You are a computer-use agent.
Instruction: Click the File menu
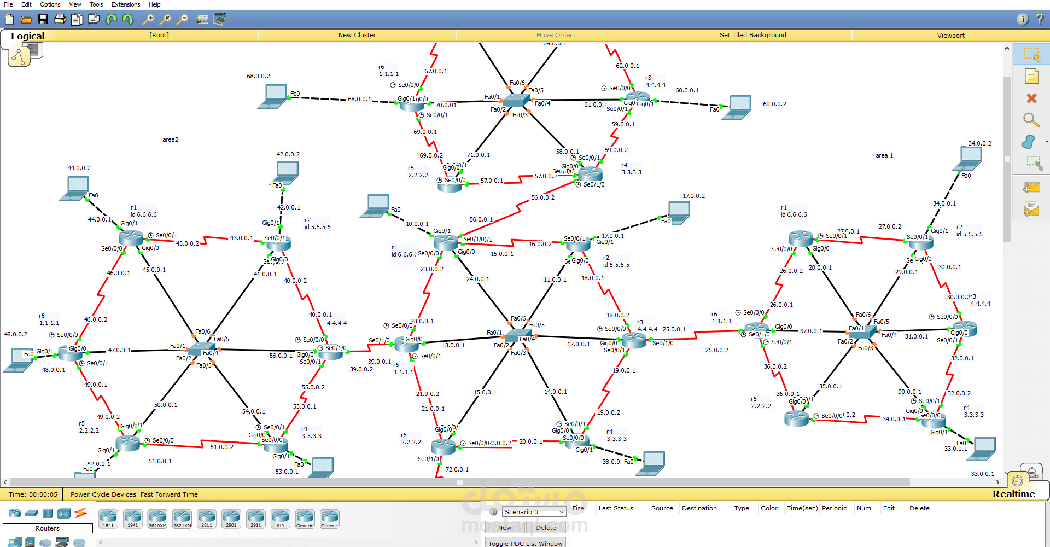[8, 4]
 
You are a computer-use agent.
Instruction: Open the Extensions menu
[126, 4]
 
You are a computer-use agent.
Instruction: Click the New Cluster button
[357, 35]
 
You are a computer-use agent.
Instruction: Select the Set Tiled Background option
[752, 35]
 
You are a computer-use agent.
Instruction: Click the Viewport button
[950, 36]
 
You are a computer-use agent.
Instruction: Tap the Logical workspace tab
[27, 36]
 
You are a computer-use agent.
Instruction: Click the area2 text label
[170, 139]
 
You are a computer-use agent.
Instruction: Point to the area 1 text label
[884, 155]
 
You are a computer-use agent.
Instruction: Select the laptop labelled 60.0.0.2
[738, 107]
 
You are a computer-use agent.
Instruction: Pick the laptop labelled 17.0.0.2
[679, 211]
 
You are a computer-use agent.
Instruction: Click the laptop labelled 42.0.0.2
[285, 173]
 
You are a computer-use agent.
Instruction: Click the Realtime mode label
[1013, 494]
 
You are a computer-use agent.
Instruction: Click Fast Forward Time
[169, 494]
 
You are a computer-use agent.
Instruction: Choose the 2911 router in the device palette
[255, 518]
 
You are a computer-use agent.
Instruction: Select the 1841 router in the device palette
[108, 518]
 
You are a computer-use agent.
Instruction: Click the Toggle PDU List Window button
[525, 543]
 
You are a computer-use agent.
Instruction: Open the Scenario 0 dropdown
[534, 512]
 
